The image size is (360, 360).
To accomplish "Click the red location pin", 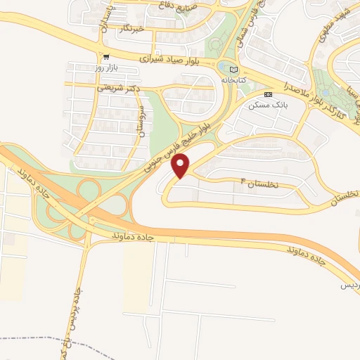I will pos(181,167).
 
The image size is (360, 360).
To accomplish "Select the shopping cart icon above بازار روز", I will pos(105,57).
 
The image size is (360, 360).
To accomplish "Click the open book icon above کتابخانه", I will pos(234,69).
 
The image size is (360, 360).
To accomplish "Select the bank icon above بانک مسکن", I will pos(267,94).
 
